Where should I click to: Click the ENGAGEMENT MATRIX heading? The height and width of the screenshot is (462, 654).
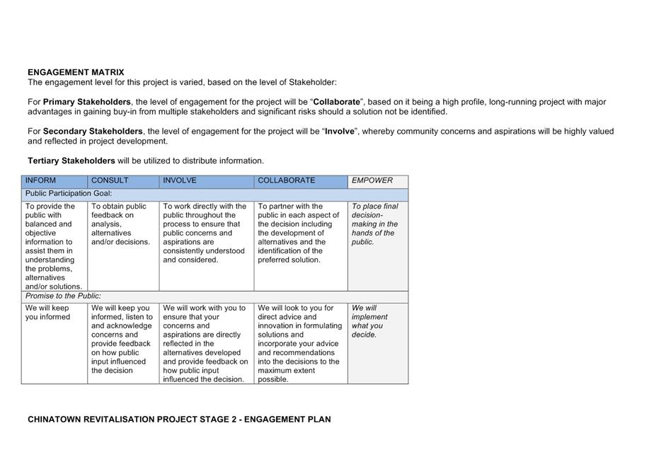(76, 72)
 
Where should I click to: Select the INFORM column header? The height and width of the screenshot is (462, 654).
(40, 180)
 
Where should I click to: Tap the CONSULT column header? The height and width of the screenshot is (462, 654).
(110, 180)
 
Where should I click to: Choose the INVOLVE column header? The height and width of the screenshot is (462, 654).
(180, 180)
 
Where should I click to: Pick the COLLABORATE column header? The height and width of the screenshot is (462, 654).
(287, 180)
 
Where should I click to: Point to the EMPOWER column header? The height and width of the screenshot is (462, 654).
(372, 180)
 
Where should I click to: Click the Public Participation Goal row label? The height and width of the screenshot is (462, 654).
(69, 193)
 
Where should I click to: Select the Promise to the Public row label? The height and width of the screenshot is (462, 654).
(63, 296)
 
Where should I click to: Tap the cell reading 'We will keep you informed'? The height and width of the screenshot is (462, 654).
(48, 313)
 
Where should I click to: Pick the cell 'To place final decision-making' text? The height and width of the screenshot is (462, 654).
(375, 224)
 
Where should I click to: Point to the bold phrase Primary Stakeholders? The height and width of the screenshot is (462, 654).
(87, 102)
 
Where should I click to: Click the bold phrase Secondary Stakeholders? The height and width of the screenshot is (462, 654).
(93, 132)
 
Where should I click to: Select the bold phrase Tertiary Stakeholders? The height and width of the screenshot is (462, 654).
(71, 161)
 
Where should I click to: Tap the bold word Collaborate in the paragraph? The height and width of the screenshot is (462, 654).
(337, 102)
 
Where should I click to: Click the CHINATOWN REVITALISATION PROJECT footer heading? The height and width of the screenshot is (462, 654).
(179, 419)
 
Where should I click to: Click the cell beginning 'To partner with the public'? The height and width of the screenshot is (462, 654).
(298, 233)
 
